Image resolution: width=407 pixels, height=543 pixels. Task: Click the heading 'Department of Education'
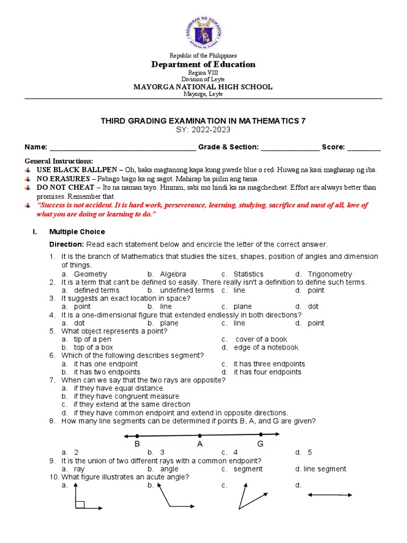point(203,65)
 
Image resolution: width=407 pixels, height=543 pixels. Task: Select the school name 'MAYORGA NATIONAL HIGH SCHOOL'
point(203,87)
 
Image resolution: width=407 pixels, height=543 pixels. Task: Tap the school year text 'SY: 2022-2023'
point(203,129)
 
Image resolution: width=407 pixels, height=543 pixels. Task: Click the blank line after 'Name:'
point(122,147)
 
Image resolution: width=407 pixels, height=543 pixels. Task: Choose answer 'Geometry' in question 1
point(91,274)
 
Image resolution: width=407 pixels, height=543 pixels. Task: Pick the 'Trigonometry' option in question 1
point(330,274)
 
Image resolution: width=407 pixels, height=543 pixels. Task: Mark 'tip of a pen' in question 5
point(93,339)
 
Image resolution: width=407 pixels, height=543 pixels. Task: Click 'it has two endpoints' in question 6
point(107,372)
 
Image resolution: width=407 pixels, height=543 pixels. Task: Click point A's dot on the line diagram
point(200,435)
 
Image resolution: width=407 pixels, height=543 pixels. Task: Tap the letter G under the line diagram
point(260,444)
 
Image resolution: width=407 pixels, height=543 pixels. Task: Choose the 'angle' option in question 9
point(169,469)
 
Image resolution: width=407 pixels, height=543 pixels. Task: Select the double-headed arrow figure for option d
point(330,495)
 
